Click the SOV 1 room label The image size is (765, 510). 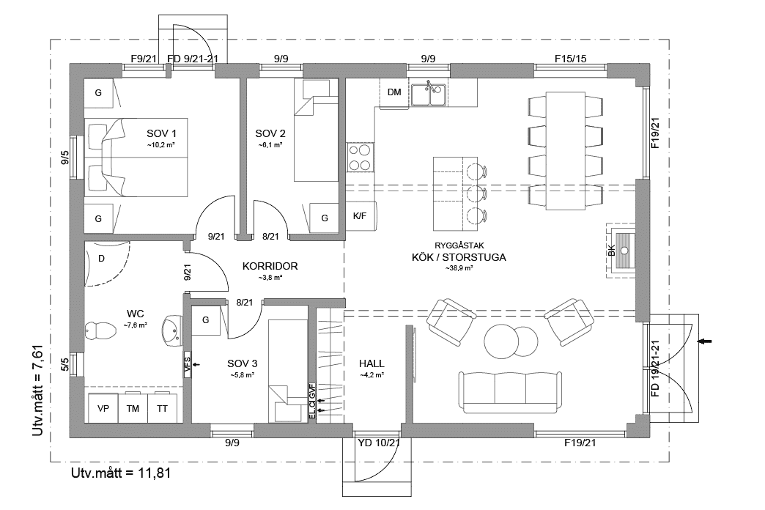162,133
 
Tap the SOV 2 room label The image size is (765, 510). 270,133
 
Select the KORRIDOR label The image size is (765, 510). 270,267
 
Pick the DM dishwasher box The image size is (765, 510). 393,92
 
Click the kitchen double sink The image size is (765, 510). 429,95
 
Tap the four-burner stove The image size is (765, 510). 359,155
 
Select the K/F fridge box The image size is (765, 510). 360,216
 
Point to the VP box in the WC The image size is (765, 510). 103,409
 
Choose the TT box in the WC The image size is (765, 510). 162,409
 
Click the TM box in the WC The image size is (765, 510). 133,409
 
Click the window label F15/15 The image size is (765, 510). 569,59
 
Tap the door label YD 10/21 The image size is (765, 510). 378,443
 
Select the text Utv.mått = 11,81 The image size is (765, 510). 121,473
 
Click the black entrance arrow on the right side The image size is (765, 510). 706,341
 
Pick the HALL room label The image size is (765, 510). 372,363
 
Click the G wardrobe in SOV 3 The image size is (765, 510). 206,320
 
